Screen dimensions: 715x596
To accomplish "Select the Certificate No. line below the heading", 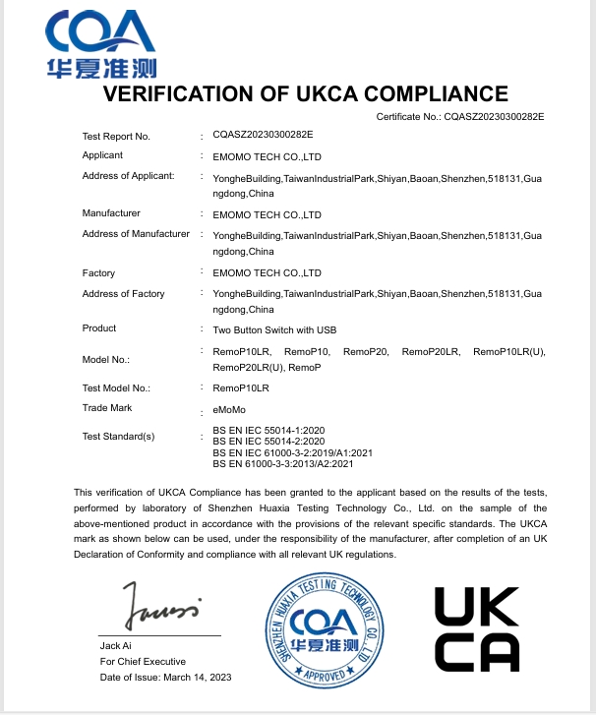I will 459,116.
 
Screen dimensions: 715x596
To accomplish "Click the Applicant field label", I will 102,154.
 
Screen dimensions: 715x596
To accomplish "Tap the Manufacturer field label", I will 111,212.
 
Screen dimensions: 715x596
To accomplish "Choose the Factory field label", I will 98,272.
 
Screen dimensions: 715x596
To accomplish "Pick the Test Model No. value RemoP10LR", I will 240,388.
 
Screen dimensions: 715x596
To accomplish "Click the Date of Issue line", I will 166,678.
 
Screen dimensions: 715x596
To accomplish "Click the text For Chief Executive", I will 143,661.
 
